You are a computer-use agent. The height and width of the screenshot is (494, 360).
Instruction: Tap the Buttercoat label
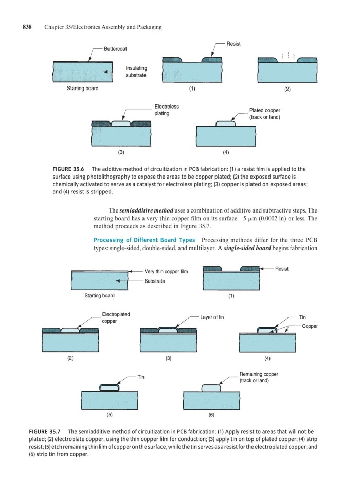tap(115, 49)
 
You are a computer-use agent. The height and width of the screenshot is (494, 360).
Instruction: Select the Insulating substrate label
tap(136, 72)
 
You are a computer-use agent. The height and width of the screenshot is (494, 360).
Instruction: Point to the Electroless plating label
tap(167, 110)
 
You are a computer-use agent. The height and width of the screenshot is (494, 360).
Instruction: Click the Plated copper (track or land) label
tap(264, 114)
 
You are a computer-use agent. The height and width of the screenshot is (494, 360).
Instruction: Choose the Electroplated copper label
tap(116, 317)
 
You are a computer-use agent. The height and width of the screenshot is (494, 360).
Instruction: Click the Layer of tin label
tap(212, 317)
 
